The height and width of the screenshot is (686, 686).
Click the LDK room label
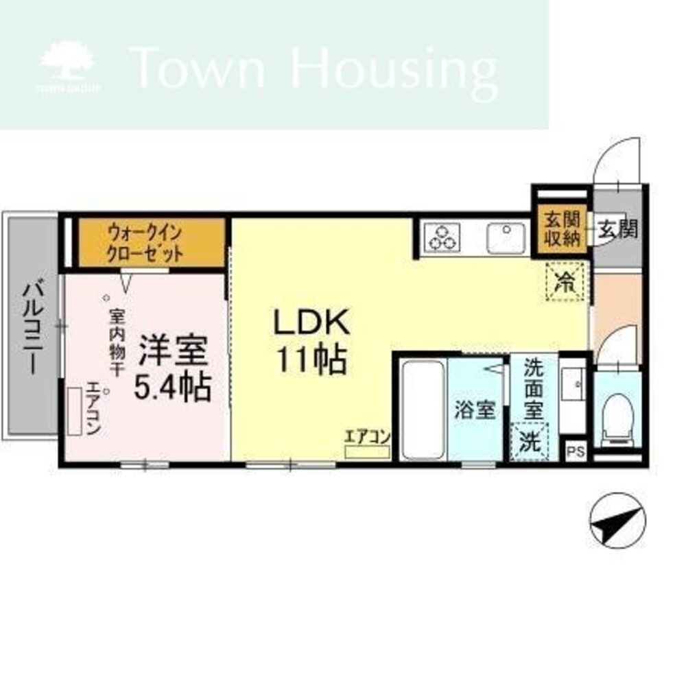(x=311, y=340)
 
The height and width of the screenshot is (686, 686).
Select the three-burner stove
(x=442, y=237)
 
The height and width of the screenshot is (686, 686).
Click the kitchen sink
(x=506, y=237)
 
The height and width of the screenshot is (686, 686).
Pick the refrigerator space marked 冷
(x=565, y=281)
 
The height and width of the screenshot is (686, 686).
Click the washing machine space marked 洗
(x=530, y=441)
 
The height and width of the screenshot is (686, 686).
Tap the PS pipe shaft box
(x=575, y=451)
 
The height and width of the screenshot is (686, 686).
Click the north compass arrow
(x=618, y=521)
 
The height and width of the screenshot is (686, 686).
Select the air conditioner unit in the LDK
(x=368, y=451)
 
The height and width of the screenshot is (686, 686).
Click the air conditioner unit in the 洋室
(x=75, y=411)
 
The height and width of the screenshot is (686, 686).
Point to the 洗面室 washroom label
(x=534, y=389)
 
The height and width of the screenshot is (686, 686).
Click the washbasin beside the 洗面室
(x=573, y=384)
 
